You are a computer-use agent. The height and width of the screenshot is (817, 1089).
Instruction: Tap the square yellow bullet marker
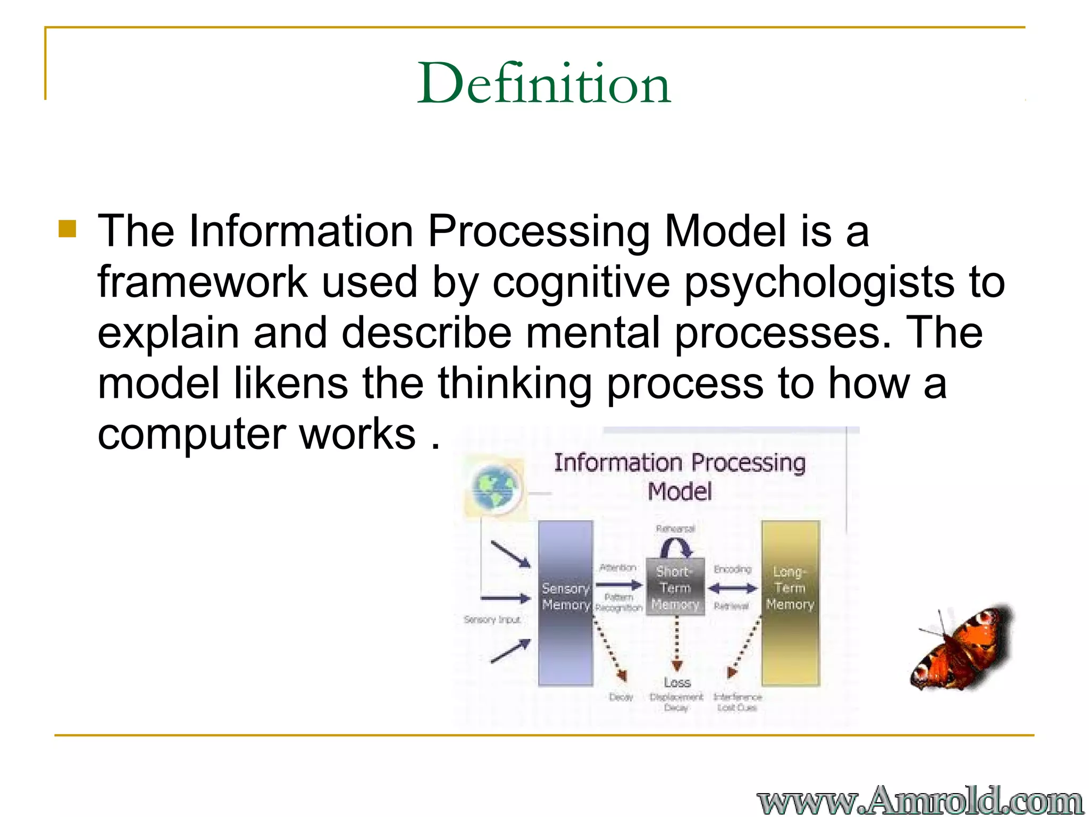(x=68, y=229)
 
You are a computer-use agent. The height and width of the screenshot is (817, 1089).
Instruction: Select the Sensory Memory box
(x=565, y=603)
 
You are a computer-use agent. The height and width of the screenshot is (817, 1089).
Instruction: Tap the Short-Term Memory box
(x=675, y=588)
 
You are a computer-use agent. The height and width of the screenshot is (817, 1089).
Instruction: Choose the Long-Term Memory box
(x=790, y=603)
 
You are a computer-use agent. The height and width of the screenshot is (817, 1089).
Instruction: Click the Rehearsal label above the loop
(x=675, y=529)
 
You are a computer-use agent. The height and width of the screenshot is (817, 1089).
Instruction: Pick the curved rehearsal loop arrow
(x=676, y=547)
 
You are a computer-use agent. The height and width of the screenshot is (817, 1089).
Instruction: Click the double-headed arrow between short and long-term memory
(x=732, y=588)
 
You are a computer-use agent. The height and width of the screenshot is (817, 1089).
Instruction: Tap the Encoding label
(x=732, y=569)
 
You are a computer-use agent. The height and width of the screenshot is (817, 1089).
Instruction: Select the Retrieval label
(x=731, y=606)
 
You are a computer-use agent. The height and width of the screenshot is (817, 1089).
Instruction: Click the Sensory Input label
(x=492, y=620)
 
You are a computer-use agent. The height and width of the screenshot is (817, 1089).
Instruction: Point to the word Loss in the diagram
(x=677, y=682)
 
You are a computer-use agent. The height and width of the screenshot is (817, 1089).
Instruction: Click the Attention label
(x=617, y=568)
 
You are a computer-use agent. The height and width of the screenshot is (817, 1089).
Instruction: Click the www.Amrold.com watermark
(x=919, y=800)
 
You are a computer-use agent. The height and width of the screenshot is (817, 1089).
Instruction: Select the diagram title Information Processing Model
(x=680, y=477)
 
